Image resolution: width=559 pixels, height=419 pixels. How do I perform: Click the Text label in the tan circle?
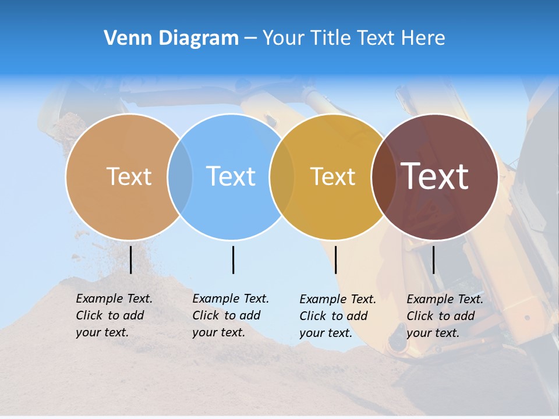tap(129, 176)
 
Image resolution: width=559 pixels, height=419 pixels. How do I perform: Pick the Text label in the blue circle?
tap(231, 176)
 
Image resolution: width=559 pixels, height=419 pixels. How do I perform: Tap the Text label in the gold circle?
tap(332, 176)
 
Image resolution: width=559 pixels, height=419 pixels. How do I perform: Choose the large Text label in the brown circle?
tap(435, 176)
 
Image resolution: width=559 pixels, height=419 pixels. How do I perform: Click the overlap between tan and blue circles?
tap(180, 176)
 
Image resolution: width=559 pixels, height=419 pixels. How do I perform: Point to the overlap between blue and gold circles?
tap(282, 176)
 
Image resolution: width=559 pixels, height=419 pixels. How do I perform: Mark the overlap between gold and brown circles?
tap(383, 176)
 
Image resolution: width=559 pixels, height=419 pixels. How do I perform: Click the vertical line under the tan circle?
tap(130, 260)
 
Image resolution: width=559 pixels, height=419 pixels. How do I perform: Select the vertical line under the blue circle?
tap(233, 260)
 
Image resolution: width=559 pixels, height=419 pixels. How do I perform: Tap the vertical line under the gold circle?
tap(335, 260)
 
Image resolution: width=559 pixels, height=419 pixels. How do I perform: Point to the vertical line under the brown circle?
tap(433, 260)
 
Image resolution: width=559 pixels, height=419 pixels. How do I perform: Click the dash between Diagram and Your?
tap(250, 38)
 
